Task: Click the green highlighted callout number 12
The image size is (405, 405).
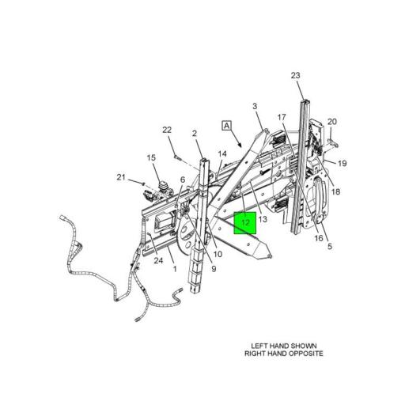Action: (x=245, y=223)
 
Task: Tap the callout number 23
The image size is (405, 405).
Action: (x=295, y=76)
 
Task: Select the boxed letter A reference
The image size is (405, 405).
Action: (x=227, y=126)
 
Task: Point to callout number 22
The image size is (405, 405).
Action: (x=167, y=130)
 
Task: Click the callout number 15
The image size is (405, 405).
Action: (x=151, y=158)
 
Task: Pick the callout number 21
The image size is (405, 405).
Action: (x=121, y=177)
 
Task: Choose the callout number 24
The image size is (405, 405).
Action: (x=158, y=261)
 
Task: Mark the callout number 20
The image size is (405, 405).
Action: (x=332, y=122)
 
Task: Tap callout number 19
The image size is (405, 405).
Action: (x=342, y=164)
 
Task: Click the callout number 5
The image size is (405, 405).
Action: (x=330, y=247)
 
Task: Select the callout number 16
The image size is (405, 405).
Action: (x=319, y=238)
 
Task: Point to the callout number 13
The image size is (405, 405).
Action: (x=263, y=219)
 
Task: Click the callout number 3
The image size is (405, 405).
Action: (x=255, y=107)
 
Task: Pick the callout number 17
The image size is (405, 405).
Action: (x=282, y=117)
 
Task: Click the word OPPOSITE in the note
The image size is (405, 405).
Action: (x=306, y=354)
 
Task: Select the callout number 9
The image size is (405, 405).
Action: (x=214, y=269)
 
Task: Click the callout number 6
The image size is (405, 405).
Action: (x=183, y=180)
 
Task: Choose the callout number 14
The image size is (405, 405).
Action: (x=222, y=154)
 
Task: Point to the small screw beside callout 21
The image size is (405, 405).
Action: (x=143, y=183)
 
